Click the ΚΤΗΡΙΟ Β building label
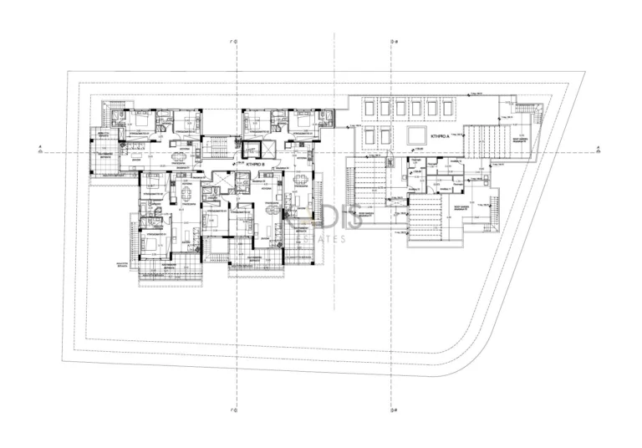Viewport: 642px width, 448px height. pyautogui.click(x=255, y=165)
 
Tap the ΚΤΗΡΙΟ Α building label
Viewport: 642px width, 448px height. pyautogui.click(x=440, y=135)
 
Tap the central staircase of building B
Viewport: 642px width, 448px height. pyautogui.click(x=216, y=148)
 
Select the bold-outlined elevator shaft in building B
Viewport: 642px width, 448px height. pyautogui.click(x=270, y=149)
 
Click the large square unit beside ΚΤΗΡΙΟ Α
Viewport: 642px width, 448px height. pyautogui.click(x=415, y=135)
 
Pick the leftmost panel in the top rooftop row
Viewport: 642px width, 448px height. pyautogui.click(x=367, y=107)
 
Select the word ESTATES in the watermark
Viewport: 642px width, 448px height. pyautogui.click(x=324, y=240)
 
